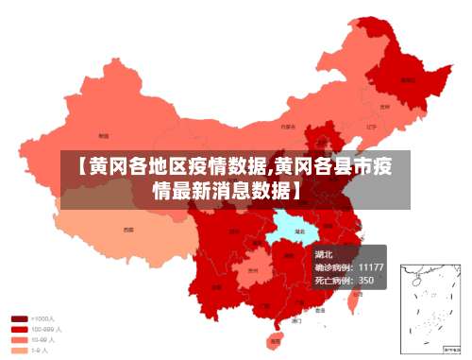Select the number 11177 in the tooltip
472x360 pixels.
coord(370,267)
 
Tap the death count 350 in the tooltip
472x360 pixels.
coord(366,281)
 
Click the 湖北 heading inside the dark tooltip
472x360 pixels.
coord(324,254)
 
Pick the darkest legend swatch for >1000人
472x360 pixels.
coord(19,318)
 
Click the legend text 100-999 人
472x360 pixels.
coord(47,329)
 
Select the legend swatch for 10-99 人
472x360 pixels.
coord(19,339)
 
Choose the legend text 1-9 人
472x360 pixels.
coord(42,350)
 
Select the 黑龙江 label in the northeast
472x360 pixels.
coord(407,80)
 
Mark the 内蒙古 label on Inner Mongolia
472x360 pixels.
coord(288,126)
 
